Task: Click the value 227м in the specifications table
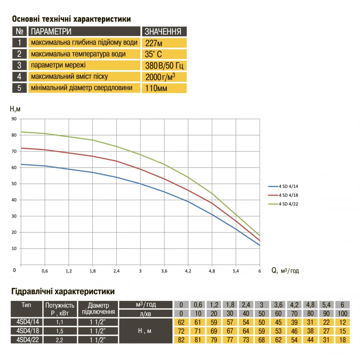[x=153, y=43]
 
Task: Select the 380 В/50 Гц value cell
[x=164, y=66]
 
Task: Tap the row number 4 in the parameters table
[x=19, y=77]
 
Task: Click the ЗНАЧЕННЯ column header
[x=164, y=31]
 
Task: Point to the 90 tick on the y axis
[x=14, y=119]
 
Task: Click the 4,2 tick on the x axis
[x=188, y=271]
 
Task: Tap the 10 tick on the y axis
[x=14, y=249]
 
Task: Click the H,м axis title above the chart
[x=15, y=109]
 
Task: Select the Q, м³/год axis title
[x=285, y=270]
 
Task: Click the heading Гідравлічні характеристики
[x=63, y=291]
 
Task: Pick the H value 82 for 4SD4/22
[x=181, y=339]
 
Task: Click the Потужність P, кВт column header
[x=59, y=309]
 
